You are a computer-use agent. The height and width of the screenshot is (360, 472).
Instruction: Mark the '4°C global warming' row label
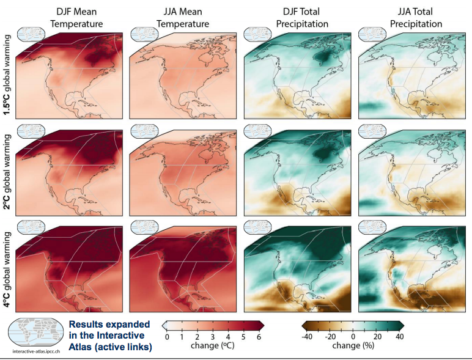point(7,266)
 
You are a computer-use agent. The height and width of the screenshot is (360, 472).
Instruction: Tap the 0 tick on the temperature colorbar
point(167,337)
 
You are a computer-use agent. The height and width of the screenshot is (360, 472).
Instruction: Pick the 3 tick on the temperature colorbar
point(212,337)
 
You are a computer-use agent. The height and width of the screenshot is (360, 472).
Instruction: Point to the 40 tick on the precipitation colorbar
point(399,337)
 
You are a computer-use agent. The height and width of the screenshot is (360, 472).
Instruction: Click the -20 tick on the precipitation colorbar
point(330,337)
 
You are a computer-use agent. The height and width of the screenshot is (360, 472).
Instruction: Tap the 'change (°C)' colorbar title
point(212,346)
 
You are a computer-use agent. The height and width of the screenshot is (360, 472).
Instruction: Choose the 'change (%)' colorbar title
point(353,346)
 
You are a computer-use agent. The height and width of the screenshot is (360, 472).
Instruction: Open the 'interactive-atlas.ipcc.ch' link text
point(37,352)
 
